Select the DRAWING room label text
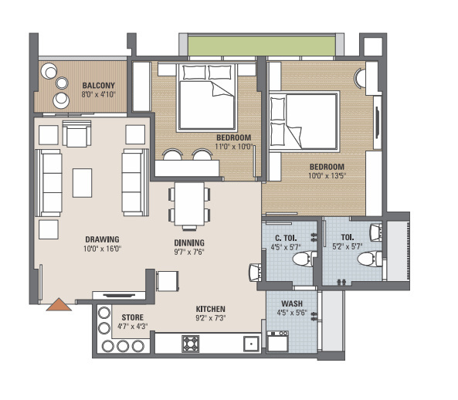(x=101, y=239)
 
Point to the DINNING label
(x=188, y=243)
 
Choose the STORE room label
(x=131, y=317)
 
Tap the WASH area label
(x=291, y=303)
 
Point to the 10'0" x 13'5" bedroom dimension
(x=327, y=175)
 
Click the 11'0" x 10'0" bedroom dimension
(x=234, y=146)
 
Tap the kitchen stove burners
(x=190, y=342)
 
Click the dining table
(x=188, y=202)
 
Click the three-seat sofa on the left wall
(x=50, y=182)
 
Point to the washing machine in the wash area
(x=277, y=341)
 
